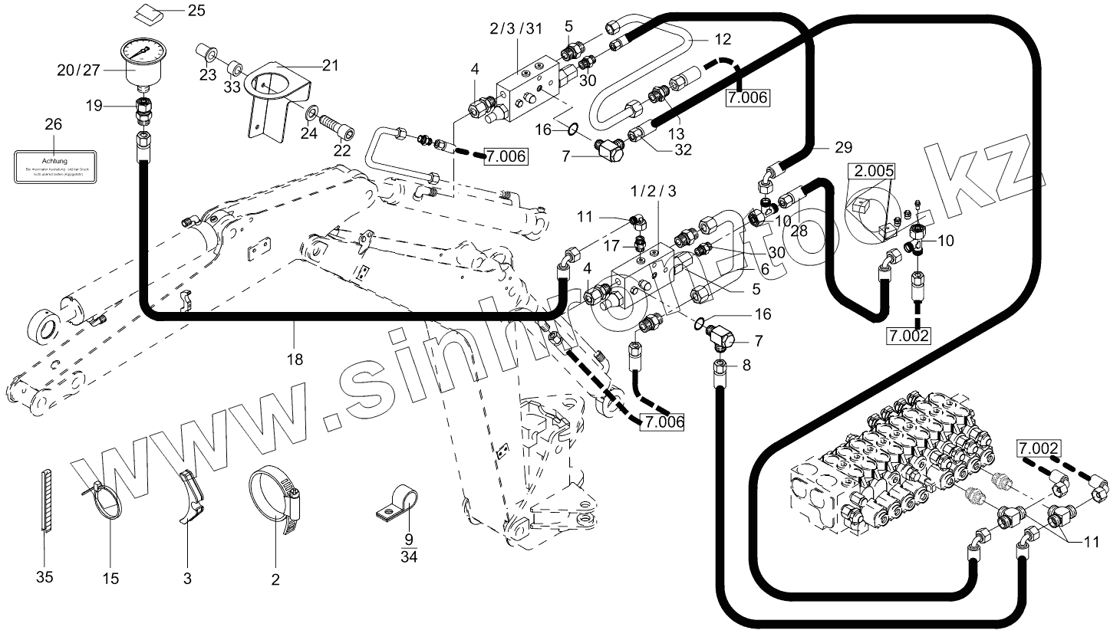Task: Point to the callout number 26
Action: pos(53,124)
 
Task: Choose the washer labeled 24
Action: pos(310,116)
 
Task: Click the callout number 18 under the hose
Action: pos(295,359)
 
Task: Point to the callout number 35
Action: pos(44,576)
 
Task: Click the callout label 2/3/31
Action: pos(516,29)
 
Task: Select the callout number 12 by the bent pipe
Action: pos(723,38)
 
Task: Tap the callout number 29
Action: pos(843,146)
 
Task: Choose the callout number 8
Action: pos(746,366)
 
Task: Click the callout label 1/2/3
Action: pos(653,190)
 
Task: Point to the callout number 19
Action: pos(94,106)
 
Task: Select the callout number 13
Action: pos(676,133)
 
